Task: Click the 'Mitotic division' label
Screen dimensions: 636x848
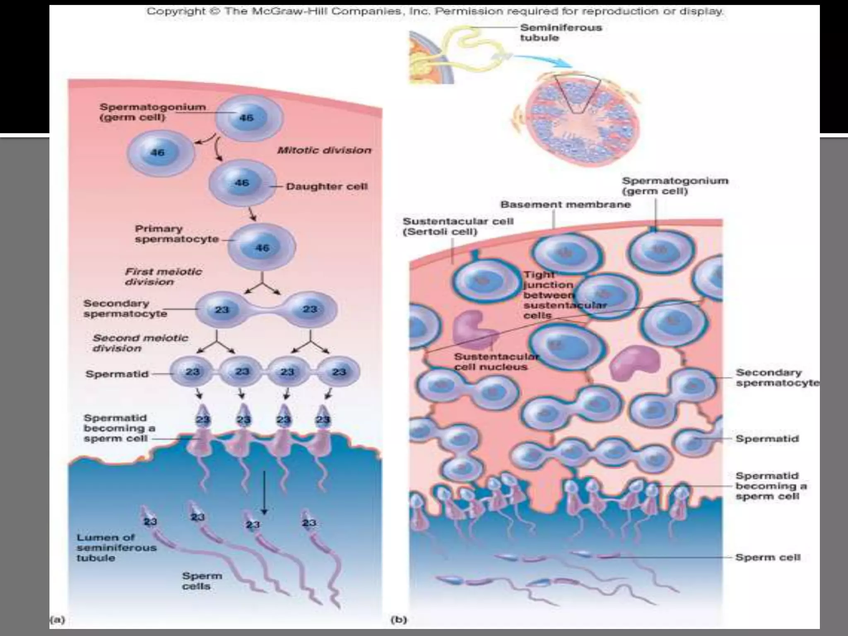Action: point(324,150)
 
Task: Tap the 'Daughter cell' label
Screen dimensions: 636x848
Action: point(327,186)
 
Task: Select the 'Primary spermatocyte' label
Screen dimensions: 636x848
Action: point(176,234)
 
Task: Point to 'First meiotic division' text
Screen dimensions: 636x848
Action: point(163,277)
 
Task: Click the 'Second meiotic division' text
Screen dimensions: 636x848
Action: point(140,343)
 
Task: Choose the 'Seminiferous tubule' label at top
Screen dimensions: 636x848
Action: point(561,33)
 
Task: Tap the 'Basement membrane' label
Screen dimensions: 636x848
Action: point(565,205)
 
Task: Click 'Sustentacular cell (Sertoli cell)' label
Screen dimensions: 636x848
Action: point(458,226)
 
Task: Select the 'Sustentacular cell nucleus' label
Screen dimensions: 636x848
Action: point(496,361)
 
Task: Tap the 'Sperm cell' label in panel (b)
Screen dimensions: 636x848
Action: point(768,557)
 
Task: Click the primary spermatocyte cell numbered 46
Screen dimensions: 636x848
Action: point(262,247)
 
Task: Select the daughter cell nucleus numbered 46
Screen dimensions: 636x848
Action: point(242,183)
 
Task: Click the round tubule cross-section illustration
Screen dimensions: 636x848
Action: point(578,121)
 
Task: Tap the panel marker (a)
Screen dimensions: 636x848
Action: point(58,620)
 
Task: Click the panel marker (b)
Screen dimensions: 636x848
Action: point(399,620)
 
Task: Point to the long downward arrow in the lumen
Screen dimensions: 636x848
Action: point(264,493)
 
